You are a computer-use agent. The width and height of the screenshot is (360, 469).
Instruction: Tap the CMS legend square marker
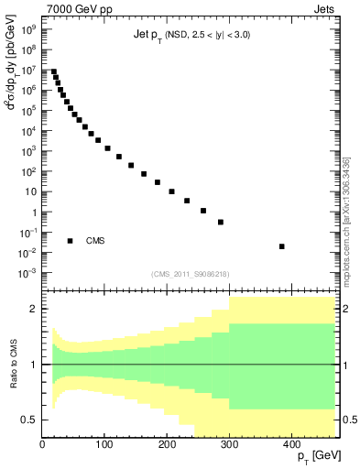[x=70, y=241]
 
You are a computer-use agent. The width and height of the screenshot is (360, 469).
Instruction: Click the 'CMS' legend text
[x=95, y=241]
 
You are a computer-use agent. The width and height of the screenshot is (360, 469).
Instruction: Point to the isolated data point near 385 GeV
[x=281, y=246]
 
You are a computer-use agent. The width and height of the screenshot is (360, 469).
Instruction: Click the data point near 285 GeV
[x=221, y=222]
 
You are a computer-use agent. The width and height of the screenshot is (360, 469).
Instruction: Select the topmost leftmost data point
[x=54, y=71]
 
